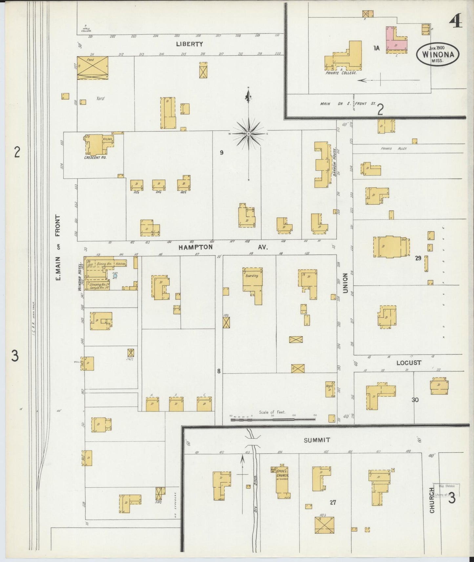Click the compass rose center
point(249,134)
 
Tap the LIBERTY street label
point(189,44)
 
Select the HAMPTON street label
point(196,248)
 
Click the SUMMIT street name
point(317,440)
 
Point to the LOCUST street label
point(408,363)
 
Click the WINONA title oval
point(438,54)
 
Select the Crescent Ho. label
point(95,157)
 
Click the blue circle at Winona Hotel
point(115,276)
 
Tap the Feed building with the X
point(92,68)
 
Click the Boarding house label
point(252,276)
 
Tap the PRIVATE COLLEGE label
point(341,73)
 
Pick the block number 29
point(418,258)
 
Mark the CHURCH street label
point(432,500)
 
